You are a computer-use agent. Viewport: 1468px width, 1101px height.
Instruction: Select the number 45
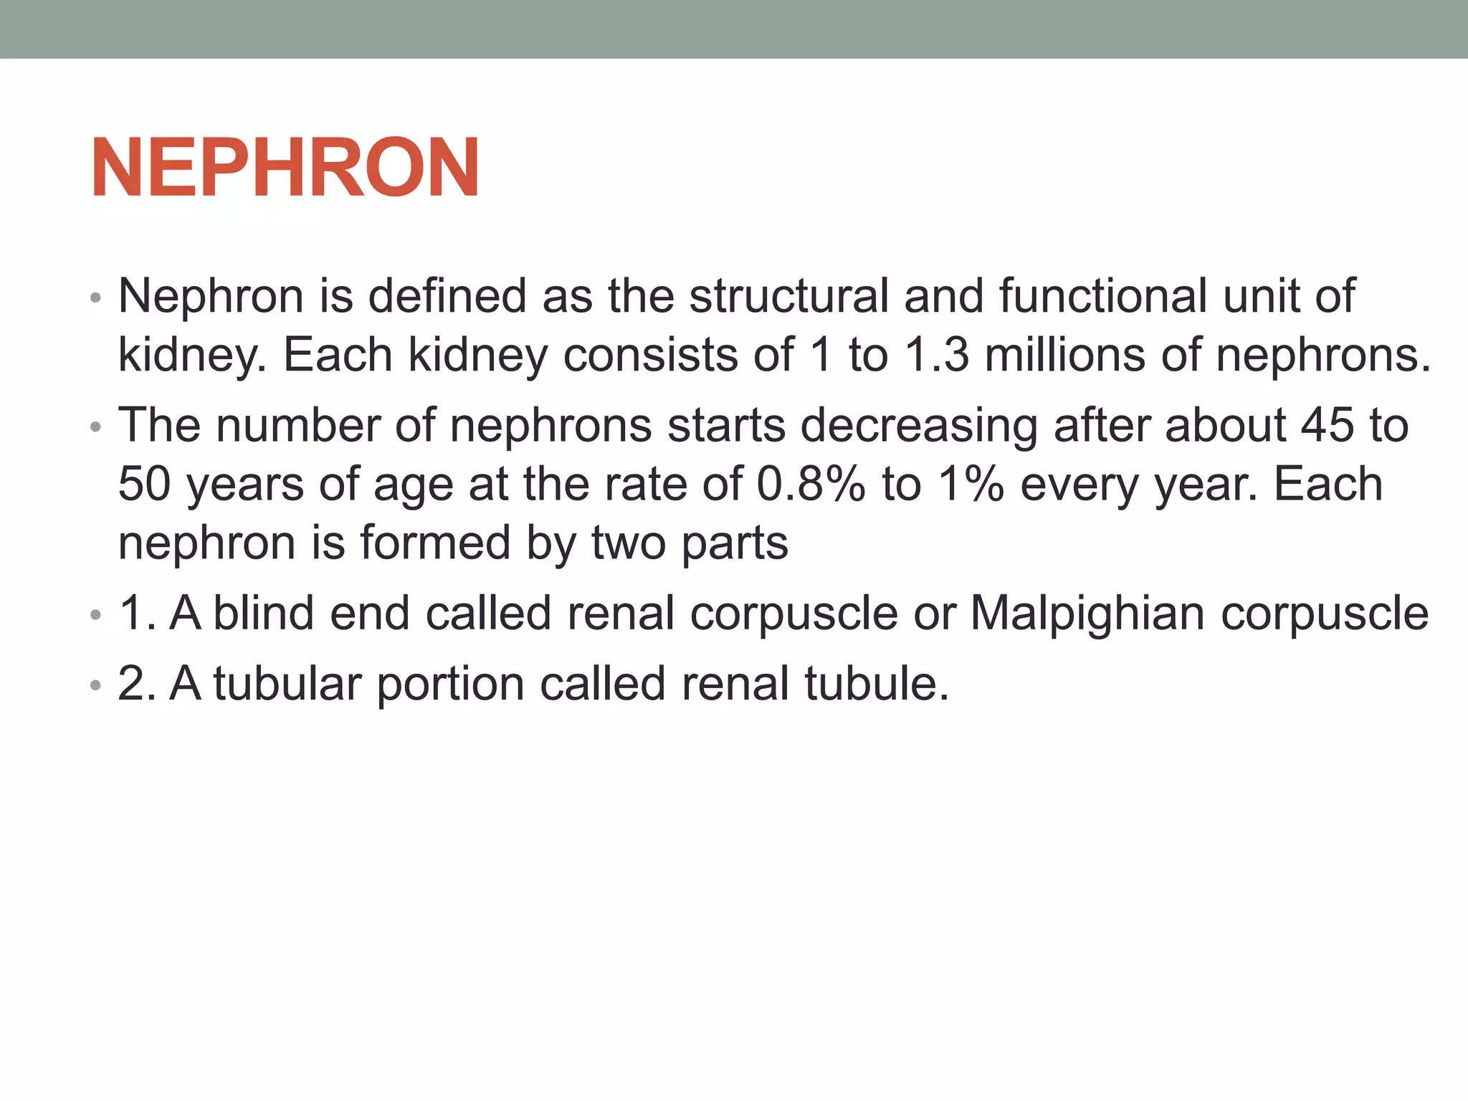[x=1328, y=425]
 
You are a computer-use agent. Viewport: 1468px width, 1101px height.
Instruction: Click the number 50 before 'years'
[x=144, y=484]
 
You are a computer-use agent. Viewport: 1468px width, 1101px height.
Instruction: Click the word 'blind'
[x=264, y=614]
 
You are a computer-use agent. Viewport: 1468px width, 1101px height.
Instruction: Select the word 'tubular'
[x=287, y=684]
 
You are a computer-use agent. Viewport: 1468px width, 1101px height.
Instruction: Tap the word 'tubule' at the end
[x=876, y=684]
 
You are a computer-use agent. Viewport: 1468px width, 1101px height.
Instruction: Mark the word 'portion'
[x=451, y=684]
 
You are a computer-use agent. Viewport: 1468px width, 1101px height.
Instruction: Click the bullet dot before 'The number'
[x=96, y=428]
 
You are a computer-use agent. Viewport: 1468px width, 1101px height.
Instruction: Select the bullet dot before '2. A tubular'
[x=96, y=686]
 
